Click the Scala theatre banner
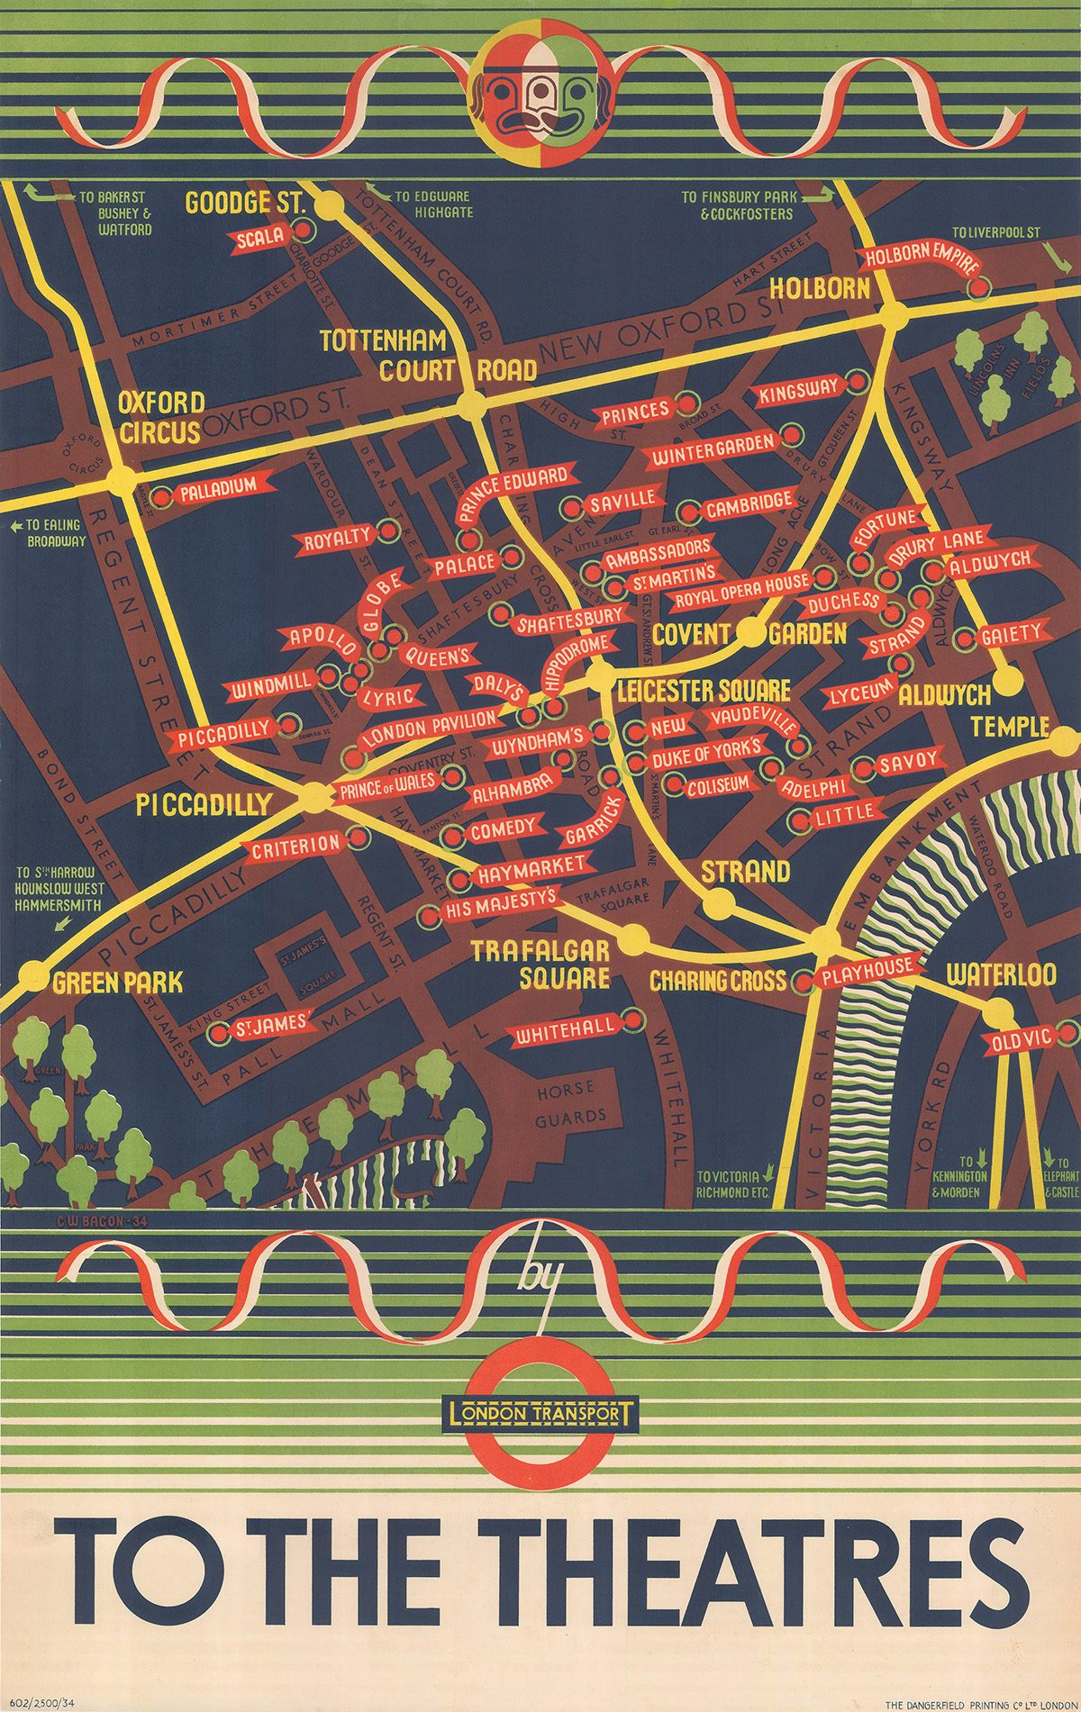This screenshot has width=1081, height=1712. click(x=261, y=237)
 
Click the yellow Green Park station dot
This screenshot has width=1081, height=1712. click(x=32, y=974)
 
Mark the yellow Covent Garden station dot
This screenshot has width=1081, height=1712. click(x=749, y=633)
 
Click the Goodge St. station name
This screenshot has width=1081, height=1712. click(x=245, y=203)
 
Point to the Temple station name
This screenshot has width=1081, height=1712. click(x=1010, y=727)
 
